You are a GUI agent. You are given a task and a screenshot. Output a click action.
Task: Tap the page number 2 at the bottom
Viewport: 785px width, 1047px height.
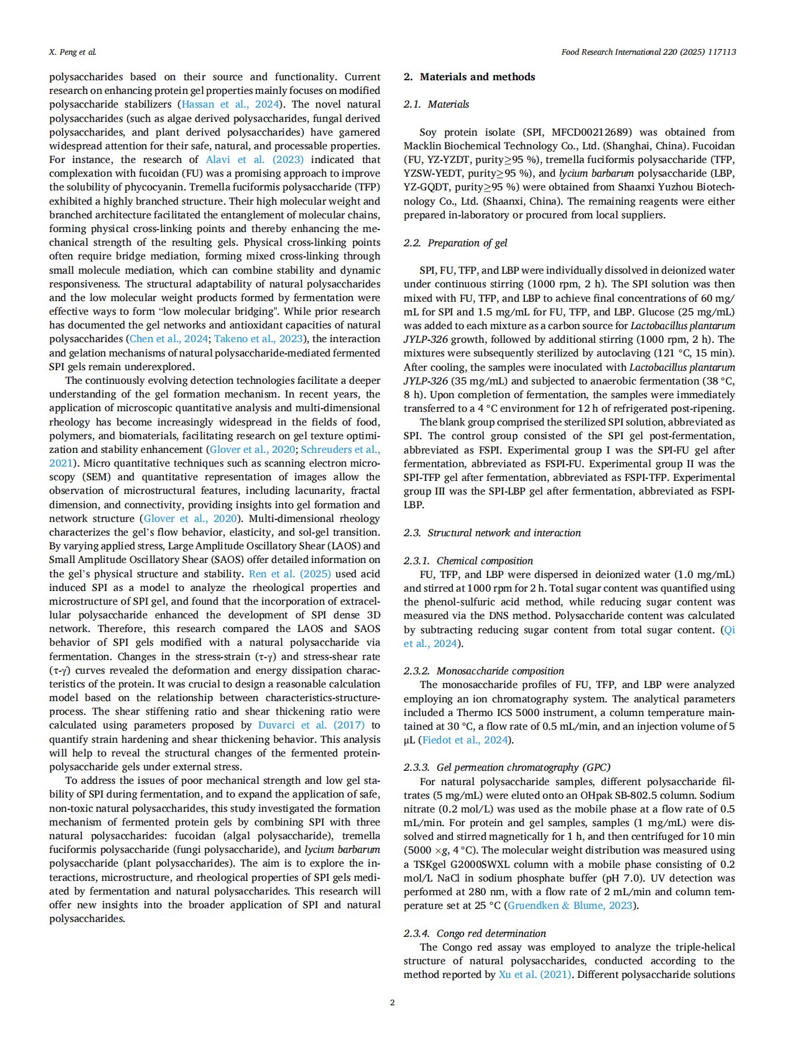(392, 1002)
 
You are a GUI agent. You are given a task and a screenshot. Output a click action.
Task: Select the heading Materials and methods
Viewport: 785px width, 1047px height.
(477, 77)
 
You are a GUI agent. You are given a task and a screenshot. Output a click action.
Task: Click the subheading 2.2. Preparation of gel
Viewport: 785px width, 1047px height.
(455, 243)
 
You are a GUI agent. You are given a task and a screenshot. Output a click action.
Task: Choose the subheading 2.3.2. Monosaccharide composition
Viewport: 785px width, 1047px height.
(484, 671)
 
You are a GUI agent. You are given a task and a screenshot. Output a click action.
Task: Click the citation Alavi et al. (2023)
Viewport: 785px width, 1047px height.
(254, 160)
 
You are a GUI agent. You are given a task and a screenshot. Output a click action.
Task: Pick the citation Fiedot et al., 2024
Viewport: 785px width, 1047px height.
(466, 740)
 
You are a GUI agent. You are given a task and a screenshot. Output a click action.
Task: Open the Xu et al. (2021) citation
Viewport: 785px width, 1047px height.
(534, 974)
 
